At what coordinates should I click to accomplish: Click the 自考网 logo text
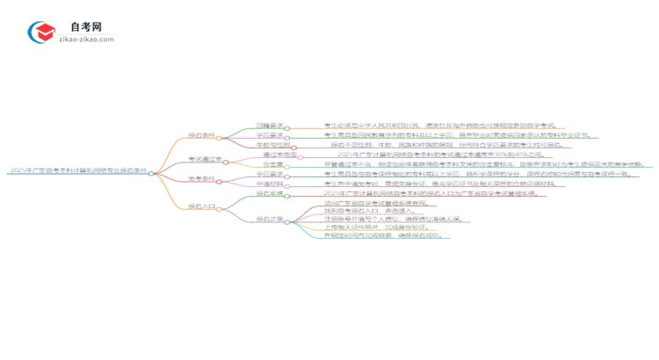[80, 28]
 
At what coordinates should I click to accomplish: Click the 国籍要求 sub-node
[269, 126]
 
